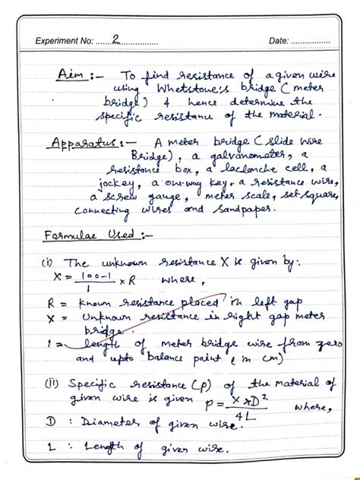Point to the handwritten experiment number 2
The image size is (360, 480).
coord(115,39)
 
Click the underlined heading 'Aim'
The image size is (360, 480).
coord(72,77)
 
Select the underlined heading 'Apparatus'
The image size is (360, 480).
coord(85,144)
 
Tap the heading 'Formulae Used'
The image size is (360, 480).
coord(81,236)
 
